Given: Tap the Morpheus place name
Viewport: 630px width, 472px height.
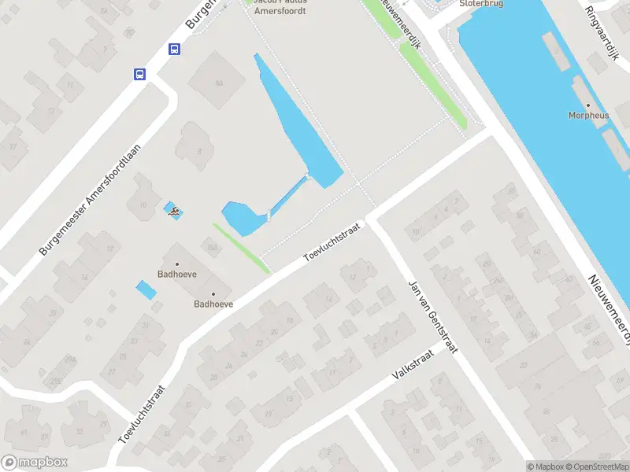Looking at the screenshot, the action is [x=588, y=115].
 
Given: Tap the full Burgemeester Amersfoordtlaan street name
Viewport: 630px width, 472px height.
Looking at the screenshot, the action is [x=91, y=200].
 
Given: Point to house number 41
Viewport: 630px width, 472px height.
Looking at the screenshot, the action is [x=24, y=433].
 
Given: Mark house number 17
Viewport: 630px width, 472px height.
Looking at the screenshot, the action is [x=13, y=146].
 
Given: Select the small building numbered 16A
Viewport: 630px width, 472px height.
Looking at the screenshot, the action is [x=211, y=248].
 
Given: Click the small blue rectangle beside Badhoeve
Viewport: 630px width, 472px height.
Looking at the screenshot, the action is [x=146, y=289].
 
